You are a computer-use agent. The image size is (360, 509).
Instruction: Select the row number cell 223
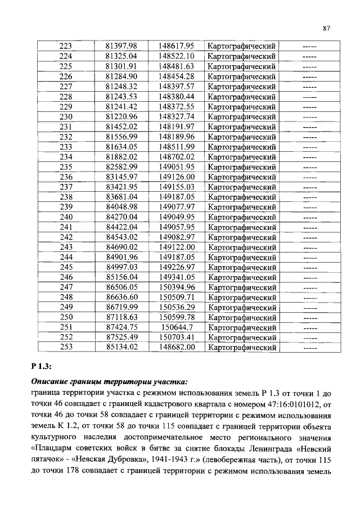pos(66,46)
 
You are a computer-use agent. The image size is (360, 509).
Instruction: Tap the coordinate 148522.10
pos(176,56)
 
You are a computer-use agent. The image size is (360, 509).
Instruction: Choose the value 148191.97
pos(176,127)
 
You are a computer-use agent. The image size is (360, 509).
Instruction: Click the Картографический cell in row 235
pos(241,166)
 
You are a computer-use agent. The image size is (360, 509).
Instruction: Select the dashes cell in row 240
pos(309,217)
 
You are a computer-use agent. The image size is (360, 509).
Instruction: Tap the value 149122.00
pos(176,247)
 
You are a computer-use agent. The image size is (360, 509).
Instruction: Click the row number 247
pos(66,287)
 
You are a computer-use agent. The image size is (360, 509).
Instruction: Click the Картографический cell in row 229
pos(241,106)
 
